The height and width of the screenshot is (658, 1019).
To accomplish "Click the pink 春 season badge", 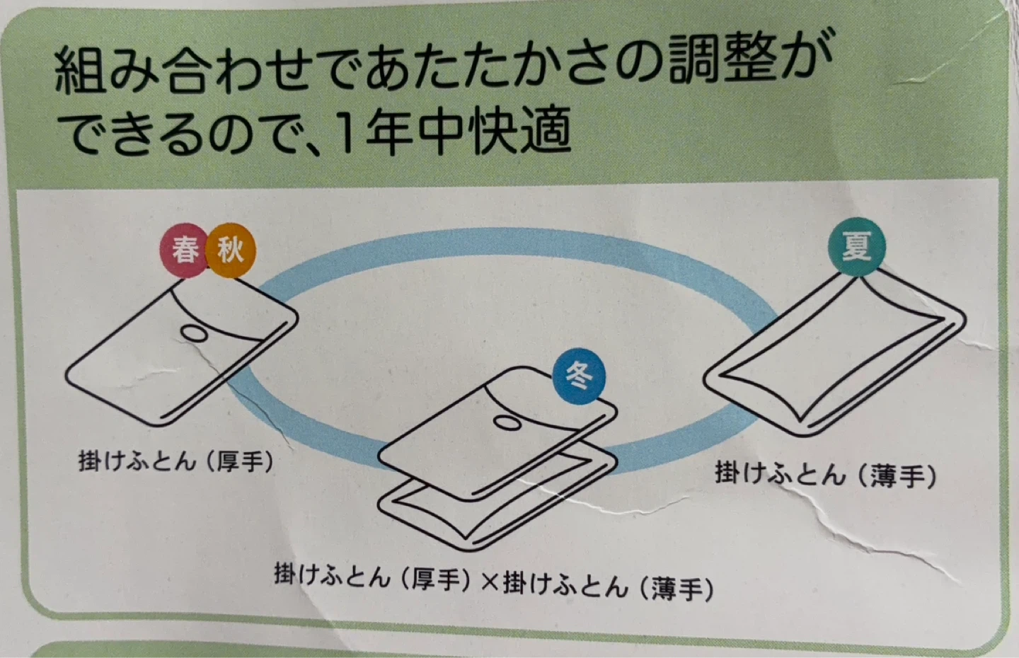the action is [x=184, y=250].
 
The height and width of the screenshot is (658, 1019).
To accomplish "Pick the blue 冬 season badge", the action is [x=579, y=376].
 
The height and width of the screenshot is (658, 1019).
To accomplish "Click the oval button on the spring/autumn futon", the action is [x=194, y=333].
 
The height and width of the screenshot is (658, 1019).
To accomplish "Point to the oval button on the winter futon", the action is [x=507, y=423].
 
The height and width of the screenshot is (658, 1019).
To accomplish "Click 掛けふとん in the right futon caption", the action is [x=779, y=473].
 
